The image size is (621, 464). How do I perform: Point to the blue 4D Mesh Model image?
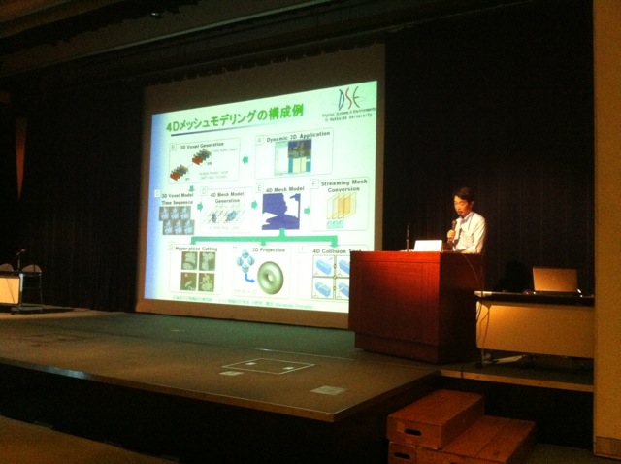(x=281, y=212)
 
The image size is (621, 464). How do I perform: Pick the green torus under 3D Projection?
(x=270, y=273)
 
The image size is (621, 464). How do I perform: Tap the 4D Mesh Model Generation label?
(x=226, y=197)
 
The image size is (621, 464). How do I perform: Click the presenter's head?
(x=463, y=202)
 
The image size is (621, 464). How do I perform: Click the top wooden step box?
(x=435, y=415)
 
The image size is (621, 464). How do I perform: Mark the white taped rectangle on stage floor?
(x=268, y=366)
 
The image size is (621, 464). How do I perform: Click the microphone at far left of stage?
(x=20, y=253)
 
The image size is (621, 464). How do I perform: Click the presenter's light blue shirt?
(x=472, y=233)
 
